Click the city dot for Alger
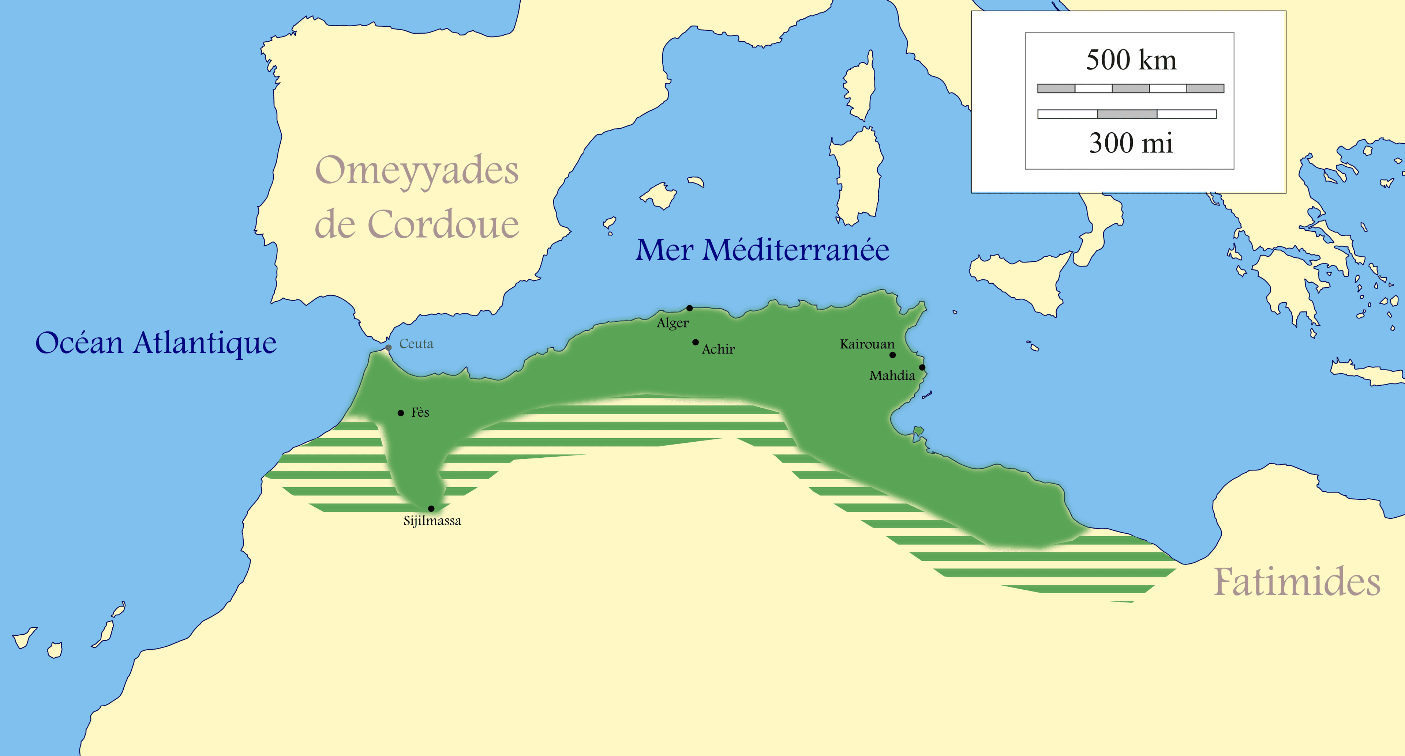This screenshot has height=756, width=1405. pyautogui.click(x=689, y=308)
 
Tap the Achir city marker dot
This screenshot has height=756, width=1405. pyautogui.click(x=696, y=342)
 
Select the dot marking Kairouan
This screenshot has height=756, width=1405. pyautogui.click(x=892, y=355)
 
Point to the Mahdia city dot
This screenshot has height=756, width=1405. pyautogui.click(x=922, y=367)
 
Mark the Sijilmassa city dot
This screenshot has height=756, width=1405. pyautogui.click(x=431, y=509)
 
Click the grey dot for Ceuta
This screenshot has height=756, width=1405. pyautogui.click(x=388, y=348)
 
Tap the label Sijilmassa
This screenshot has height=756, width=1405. pyautogui.click(x=432, y=521)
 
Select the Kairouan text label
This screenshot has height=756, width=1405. pyautogui.click(x=867, y=344)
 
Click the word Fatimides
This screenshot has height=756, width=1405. pyautogui.click(x=1296, y=582)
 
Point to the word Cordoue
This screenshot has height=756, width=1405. pyautogui.click(x=443, y=224)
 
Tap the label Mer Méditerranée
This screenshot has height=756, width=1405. pyautogui.click(x=762, y=250)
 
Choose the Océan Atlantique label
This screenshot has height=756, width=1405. pyautogui.click(x=156, y=343)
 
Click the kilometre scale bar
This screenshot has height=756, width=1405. pyautogui.click(x=1130, y=88)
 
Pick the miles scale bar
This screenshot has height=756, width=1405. pyautogui.click(x=1127, y=114)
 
